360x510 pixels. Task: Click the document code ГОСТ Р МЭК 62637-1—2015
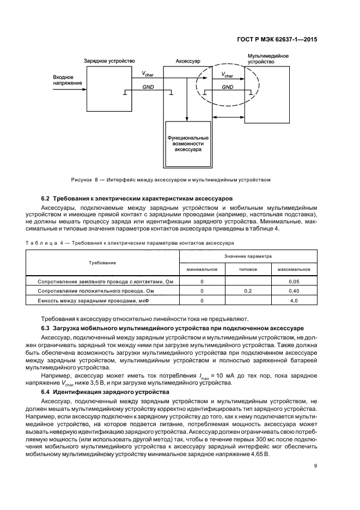click(x=278, y=39)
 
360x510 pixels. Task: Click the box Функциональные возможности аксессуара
click(x=188, y=143)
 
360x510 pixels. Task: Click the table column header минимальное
click(x=202, y=269)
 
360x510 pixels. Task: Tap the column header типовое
click(x=248, y=269)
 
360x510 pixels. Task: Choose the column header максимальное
click(x=294, y=269)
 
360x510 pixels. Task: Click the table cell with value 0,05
click(x=294, y=281)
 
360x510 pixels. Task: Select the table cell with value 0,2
click(x=248, y=291)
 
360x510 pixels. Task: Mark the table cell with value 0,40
click(x=294, y=291)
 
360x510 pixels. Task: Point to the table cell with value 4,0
click(x=294, y=301)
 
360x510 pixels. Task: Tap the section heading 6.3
click(x=168, y=328)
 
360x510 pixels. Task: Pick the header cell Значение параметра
click(x=248, y=256)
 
